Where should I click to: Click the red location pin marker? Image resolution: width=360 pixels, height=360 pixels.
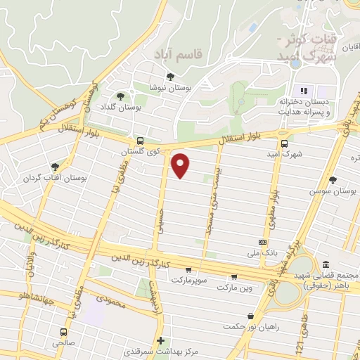pos(181,165)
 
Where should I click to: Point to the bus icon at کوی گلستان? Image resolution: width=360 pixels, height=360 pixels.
pos(141,141)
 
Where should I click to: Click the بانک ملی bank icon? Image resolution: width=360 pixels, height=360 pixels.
pos(262,241)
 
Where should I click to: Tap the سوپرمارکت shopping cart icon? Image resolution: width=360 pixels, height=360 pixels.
pos(188,269)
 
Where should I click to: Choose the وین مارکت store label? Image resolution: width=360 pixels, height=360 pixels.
pos(234,288)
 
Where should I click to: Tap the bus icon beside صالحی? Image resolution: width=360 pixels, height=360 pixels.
pos(64,332)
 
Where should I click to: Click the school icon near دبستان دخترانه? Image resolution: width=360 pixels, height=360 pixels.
pos(304,90)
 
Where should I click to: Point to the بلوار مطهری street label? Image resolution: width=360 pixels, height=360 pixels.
pos(270,211)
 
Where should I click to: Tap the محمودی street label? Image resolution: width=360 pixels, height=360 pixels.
pos(110,304)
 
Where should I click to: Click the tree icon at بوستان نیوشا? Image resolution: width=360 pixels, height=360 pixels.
pos(169,77)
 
